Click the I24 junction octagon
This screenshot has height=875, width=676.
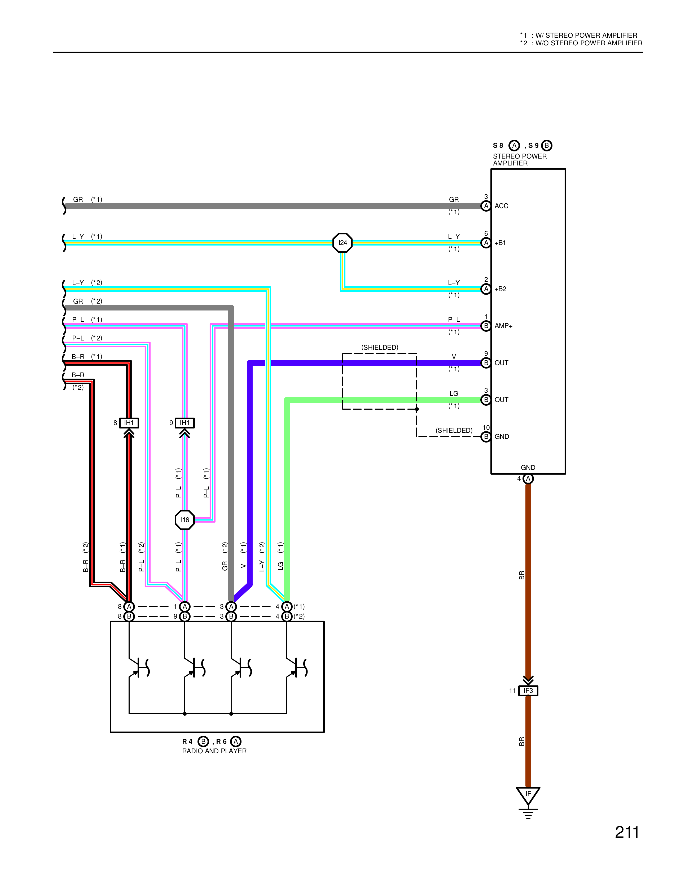coord(343,243)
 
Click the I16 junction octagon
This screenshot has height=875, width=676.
coord(185,520)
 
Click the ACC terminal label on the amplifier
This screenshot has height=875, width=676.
coord(501,206)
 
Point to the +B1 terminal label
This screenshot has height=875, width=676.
coord(500,243)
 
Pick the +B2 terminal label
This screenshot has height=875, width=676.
coord(500,289)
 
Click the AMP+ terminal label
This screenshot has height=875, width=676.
coord(503,326)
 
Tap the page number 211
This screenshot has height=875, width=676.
coord(627,833)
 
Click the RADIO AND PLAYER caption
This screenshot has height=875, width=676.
coord(214,751)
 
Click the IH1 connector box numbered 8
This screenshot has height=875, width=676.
coord(129,423)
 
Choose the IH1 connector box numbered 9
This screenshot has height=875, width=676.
coord(185,423)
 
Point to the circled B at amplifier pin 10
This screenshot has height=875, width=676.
coord(486,437)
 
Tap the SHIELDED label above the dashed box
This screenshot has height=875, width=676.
coord(380,347)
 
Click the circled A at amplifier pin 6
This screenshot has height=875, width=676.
coord(486,243)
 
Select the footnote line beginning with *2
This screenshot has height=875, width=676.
coord(581,43)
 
